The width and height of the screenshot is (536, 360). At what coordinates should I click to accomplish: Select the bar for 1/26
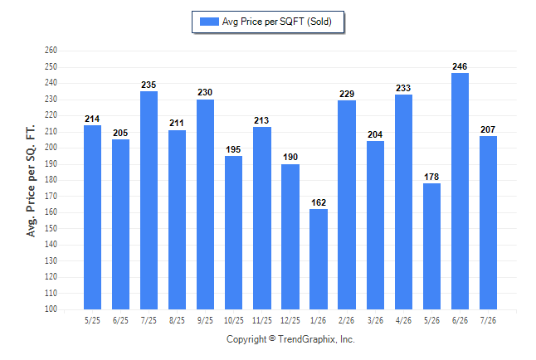(319, 259)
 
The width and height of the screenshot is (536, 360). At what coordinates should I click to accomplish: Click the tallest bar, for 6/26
(460, 191)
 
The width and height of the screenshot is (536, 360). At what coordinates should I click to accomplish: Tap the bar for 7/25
(149, 201)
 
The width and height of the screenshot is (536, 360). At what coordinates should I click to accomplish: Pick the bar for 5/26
(431, 246)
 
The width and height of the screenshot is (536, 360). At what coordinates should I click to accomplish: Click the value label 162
(319, 202)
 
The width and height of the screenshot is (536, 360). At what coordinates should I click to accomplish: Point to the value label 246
(460, 66)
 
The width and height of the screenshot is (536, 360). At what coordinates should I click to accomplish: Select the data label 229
(347, 94)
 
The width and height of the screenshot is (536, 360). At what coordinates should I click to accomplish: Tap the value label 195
(233, 149)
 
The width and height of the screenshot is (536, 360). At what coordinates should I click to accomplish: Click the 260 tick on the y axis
(51, 51)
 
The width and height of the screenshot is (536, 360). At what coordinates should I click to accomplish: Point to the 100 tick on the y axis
(51, 309)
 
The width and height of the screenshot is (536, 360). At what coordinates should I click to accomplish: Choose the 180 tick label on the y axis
(51, 180)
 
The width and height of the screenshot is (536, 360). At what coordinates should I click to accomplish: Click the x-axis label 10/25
(234, 320)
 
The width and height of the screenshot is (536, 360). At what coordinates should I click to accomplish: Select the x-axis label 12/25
(290, 320)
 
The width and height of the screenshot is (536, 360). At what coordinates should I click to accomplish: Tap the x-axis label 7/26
(488, 320)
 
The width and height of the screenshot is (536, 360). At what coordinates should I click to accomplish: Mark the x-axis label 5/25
(92, 320)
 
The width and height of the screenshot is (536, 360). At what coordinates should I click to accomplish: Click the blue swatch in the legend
(209, 22)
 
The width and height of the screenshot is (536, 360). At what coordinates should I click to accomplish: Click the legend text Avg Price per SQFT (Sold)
(277, 22)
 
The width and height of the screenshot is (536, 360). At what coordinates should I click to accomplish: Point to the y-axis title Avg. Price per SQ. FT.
(31, 181)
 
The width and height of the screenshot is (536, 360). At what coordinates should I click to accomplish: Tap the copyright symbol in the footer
(272, 338)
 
